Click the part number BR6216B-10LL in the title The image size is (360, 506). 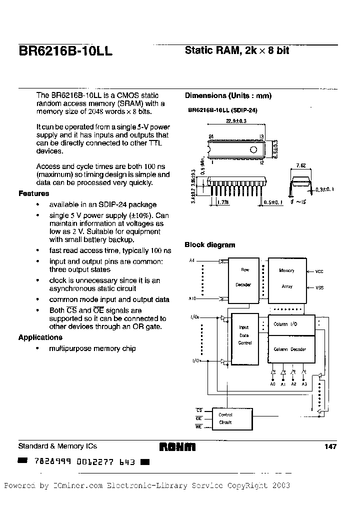[65, 51]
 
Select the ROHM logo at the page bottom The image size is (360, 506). [177, 447]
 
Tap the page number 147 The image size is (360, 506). [330, 446]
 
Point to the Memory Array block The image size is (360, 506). [286, 278]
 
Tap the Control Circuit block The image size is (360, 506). [225, 418]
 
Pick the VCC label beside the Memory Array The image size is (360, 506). [319, 271]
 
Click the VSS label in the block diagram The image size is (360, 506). [319, 288]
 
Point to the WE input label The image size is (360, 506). [198, 426]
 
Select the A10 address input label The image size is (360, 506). [192, 299]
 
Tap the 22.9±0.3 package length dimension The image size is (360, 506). [237, 128]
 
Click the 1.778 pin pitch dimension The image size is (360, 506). [223, 202]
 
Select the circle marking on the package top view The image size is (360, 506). [253, 149]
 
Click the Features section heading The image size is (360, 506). [34, 193]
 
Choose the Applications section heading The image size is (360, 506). [40, 337]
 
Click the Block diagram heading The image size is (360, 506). [209, 245]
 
